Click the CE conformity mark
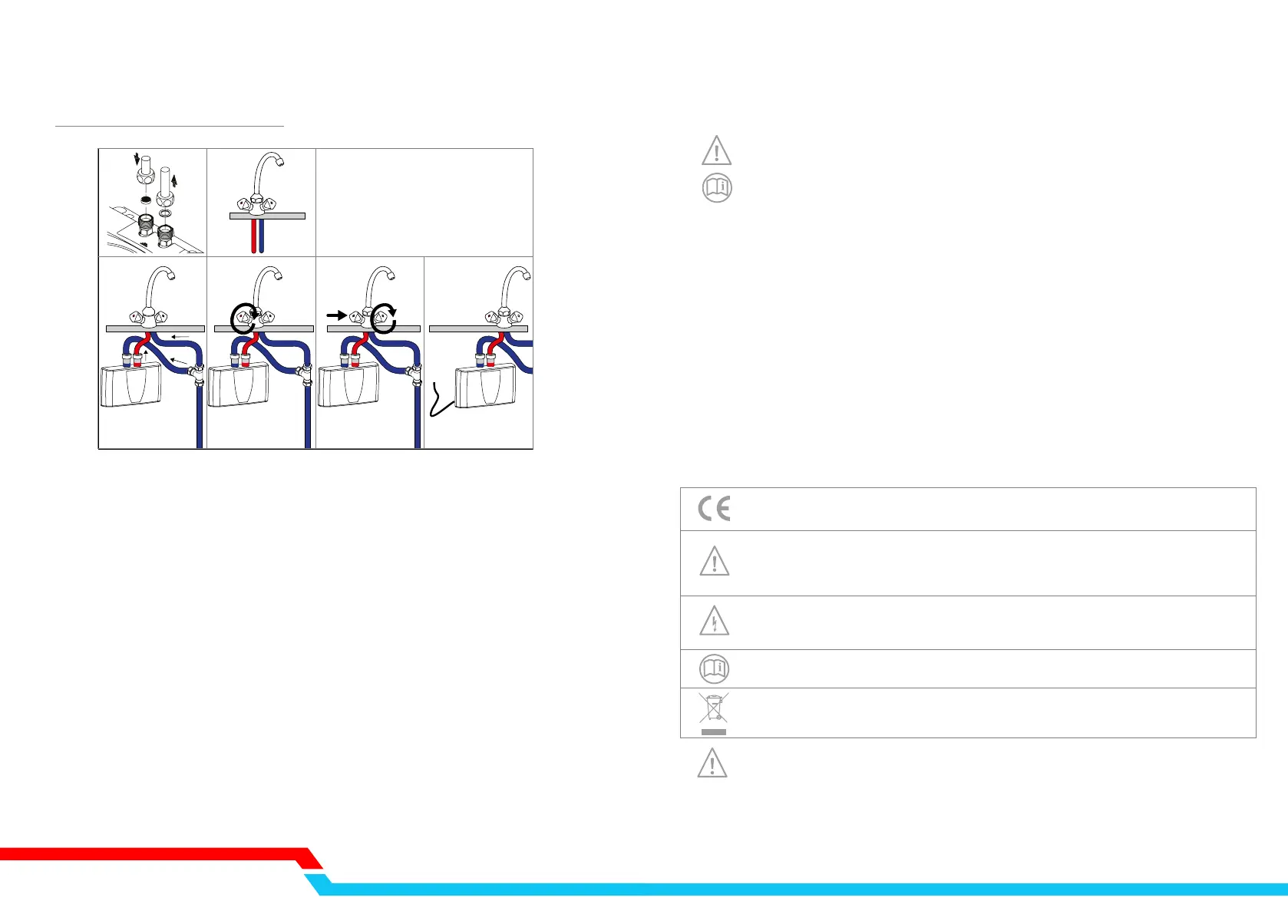[714, 509]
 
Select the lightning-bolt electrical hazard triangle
[714, 621]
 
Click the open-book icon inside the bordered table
[715, 668]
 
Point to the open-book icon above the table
[717, 187]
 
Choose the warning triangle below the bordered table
[712, 763]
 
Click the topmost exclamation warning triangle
[717, 150]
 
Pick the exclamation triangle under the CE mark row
[715, 562]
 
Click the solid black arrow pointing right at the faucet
[336, 315]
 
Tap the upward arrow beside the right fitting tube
[174, 180]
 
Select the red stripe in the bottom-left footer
[154, 853]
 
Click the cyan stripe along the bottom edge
[768, 889]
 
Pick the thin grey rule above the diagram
[170, 125]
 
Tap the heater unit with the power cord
[485, 388]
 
